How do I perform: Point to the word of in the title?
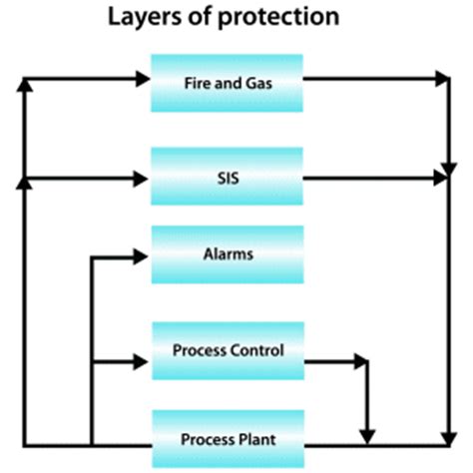212,18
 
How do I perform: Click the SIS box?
226,178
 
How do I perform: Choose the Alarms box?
226,255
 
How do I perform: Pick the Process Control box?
226,350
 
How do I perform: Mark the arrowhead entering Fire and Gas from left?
141,77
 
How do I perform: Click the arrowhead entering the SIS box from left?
141,180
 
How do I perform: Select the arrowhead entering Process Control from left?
141,356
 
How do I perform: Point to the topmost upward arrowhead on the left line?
25,85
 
